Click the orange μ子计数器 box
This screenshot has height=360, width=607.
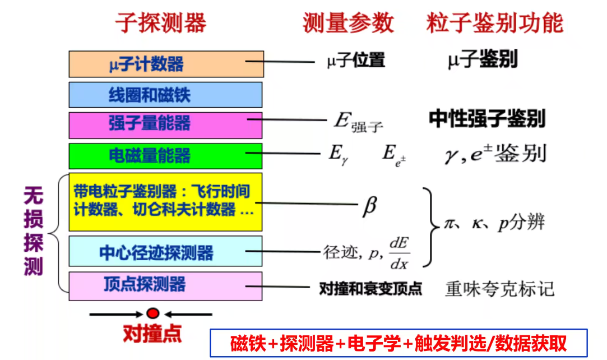(x=166, y=64)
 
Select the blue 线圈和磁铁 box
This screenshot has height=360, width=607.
(x=166, y=94)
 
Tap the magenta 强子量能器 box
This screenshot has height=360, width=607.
(x=166, y=124)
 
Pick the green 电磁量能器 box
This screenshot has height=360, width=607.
(x=166, y=155)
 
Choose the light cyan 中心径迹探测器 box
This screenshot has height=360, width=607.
(x=166, y=251)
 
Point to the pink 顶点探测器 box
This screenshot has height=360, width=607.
(x=166, y=285)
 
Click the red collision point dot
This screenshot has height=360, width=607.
(x=153, y=314)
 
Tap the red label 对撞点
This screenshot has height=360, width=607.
(x=152, y=334)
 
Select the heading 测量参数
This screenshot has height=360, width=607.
(x=348, y=23)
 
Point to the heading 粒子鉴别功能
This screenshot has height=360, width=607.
(x=494, y=23)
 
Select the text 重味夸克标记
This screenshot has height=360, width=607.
(x=499, y=288)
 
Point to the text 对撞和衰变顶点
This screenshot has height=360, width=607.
(x=370, y=289)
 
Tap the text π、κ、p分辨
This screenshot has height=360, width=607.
(x=494, y=223)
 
